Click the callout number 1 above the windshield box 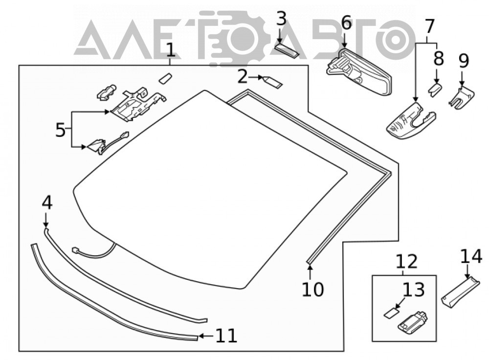(170, 50)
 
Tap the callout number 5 (60, 130)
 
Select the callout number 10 (313, 289)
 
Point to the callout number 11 (226, 336)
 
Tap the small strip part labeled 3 (287, 51)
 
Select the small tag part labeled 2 (273, 81)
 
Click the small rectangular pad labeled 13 (392, 314)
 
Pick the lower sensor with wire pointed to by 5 (108, 143)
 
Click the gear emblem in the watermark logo (238, 39)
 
